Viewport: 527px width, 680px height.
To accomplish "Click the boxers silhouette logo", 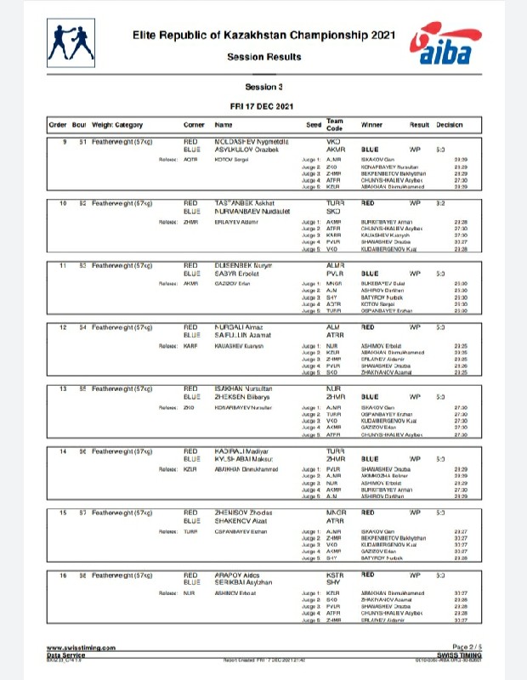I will coord(72,42).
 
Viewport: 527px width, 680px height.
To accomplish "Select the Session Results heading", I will coord(263,57).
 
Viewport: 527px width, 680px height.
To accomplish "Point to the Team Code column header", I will coord(334,124).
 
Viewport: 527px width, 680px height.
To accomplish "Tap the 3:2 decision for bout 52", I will coord(441,204).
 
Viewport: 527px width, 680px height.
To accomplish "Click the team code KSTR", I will coord(334,575).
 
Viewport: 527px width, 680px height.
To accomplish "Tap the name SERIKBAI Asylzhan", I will coord(246,581).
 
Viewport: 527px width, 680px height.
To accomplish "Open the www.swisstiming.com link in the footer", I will coord(81,647).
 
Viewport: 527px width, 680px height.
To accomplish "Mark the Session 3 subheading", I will coord(263,87).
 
